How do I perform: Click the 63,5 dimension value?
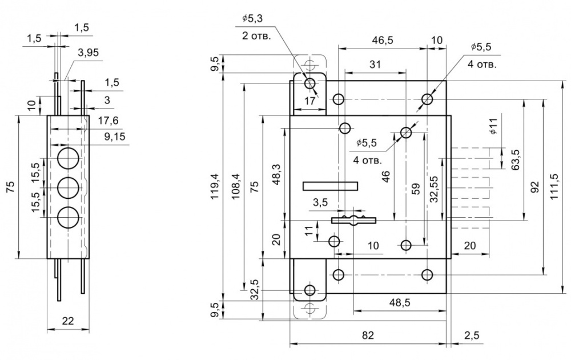click(x=516, y=161)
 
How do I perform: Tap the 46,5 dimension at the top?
click(x=382, y=40)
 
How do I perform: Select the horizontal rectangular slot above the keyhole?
click(x=330, y=185)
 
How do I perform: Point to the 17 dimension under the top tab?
click(x=309, y=101)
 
